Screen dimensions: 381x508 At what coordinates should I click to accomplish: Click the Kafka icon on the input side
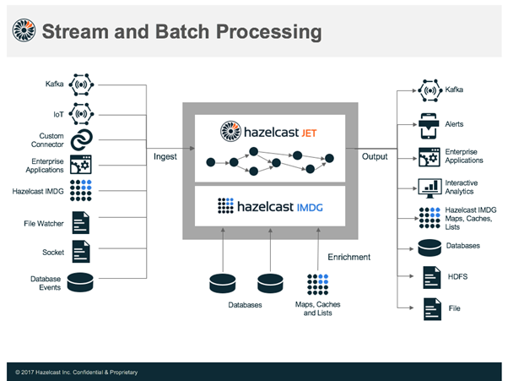click(x=82, y=84)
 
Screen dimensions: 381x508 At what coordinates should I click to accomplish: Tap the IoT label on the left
click(x=57, y=112)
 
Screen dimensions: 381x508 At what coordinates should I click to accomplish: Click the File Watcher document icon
click(x=82, y=223)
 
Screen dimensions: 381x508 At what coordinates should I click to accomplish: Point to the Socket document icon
click(x=82, y=252)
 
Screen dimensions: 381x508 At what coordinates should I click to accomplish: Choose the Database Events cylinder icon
click(x=82, y=281)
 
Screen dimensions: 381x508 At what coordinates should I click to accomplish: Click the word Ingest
click(x=165, y=156)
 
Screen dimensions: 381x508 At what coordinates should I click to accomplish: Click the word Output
click(x=375, y=156)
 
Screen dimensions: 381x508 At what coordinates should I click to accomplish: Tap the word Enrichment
click(x=349, y=257)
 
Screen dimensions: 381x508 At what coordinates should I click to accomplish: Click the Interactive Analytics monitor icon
click(x=429, y=188)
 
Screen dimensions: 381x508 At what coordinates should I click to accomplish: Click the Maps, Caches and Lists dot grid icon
click(x=318, y=284)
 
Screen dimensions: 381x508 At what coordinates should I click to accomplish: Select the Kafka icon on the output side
click(x=429, y=90)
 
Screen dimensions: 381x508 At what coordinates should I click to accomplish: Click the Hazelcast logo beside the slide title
click(x=23, y=31)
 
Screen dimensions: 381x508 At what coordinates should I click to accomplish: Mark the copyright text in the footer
click(x=77, y=372)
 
